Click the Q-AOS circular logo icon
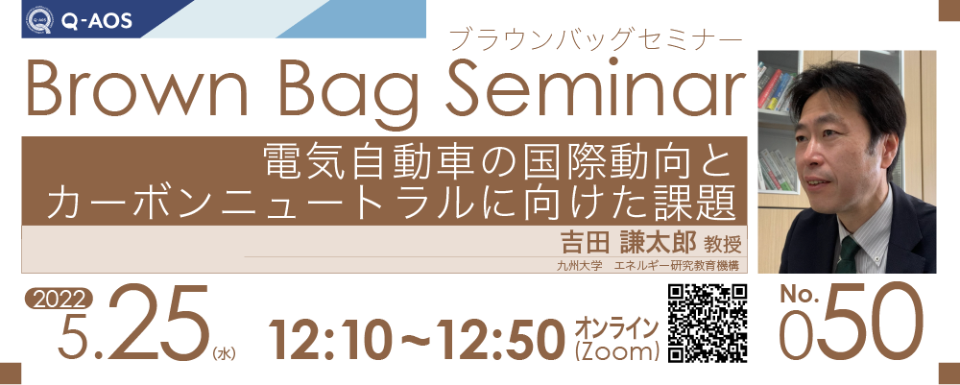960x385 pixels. coord(39,19)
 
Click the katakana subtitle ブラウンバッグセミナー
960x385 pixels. coord(595,39)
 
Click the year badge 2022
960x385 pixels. coord(59,300)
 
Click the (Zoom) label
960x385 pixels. coord(616,352)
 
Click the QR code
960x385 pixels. coord(708,324)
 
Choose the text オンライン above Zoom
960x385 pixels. coord(616,327)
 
